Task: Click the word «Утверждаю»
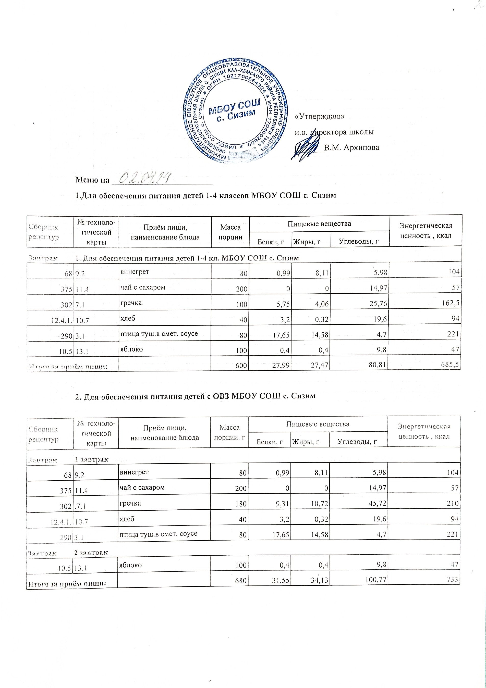(320, 116)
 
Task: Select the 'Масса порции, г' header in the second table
(229, 432)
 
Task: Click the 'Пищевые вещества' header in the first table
(319, 223)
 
